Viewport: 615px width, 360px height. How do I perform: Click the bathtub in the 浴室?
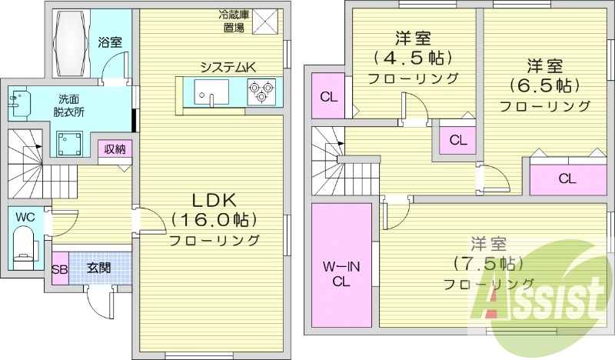(x=71, y=43)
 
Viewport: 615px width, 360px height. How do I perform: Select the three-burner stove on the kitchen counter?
(x=261, y=92)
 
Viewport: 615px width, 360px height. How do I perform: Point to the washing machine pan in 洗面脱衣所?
(x=69, y=143)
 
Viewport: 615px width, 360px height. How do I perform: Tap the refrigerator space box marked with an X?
(x=265, y=22)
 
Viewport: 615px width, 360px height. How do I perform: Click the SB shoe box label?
(x=60, y=270)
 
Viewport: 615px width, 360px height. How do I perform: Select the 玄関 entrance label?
(x=99, y=268)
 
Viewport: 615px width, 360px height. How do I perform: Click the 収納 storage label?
(x=115, y=148)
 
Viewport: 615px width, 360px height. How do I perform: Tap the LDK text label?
(x=214, y=201)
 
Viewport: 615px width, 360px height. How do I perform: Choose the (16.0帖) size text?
(x=214, y=220)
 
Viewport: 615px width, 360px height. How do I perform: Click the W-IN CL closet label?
(x=341, y=274)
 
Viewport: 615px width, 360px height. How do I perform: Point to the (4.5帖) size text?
(x=413, y=58)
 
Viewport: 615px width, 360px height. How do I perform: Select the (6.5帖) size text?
(x=546, y=85)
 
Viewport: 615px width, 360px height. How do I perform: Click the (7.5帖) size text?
(x=489, y=263)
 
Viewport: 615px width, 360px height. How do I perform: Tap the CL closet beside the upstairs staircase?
(x=329, y=97)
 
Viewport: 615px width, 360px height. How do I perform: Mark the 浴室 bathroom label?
(x=110, y=42)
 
